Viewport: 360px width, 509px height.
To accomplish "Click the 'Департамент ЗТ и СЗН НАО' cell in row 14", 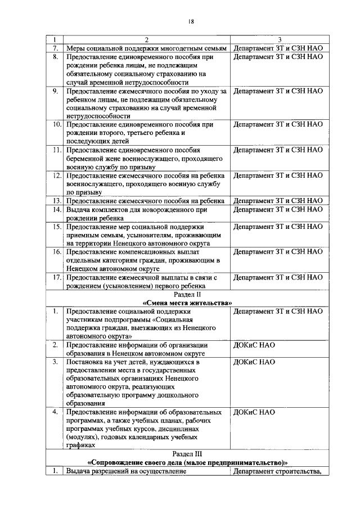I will point(278,209).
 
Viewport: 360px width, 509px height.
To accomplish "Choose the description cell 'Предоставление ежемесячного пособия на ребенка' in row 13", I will point(146,201).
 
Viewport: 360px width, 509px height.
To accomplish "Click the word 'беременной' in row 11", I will point(85,159).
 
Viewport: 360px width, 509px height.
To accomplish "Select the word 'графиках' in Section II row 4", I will point(80,445).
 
